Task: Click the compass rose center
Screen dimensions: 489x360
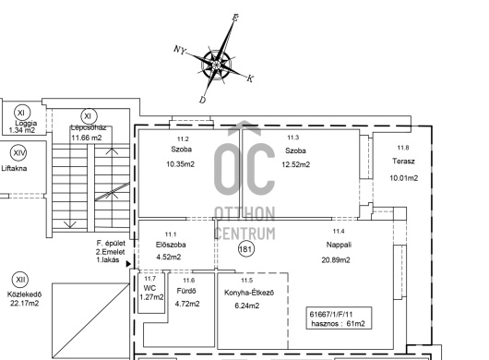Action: click(x=217, y=65)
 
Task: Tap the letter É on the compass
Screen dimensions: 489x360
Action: click(x=235, y=18)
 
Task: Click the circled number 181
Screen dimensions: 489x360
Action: click(x=246, y=249)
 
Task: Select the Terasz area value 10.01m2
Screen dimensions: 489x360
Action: click(x=403, y=178)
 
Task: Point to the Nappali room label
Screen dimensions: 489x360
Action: click(x=339, y=245)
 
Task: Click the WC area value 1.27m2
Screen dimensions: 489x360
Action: click(x=151, y=297)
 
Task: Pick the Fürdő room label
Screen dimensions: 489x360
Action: click(x=186, y=291)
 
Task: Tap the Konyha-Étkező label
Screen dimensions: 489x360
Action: click(x=249, y=293)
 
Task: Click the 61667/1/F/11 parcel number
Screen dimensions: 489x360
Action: click(x=331, y=315)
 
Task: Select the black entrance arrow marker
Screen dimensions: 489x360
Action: click(x=128, y=264)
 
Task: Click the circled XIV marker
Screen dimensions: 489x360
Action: click(x=18, y=153)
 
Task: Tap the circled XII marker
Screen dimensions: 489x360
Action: click(x=20, y=280)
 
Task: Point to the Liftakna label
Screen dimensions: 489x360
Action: click(x=14, y=168)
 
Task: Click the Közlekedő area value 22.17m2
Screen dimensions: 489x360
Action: click(x=24, y=303)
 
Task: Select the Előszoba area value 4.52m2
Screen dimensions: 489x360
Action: click(x=169, y=257)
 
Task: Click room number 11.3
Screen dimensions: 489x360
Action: click(x=292, y=138)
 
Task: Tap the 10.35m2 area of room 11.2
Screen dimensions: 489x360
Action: click(x=180, y=164)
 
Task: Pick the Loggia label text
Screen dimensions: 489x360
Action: click(x=26, y=123)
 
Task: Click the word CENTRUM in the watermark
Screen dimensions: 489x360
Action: click(x=245, y=234)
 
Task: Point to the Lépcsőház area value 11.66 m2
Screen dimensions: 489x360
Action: click(x=87, y=138)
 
